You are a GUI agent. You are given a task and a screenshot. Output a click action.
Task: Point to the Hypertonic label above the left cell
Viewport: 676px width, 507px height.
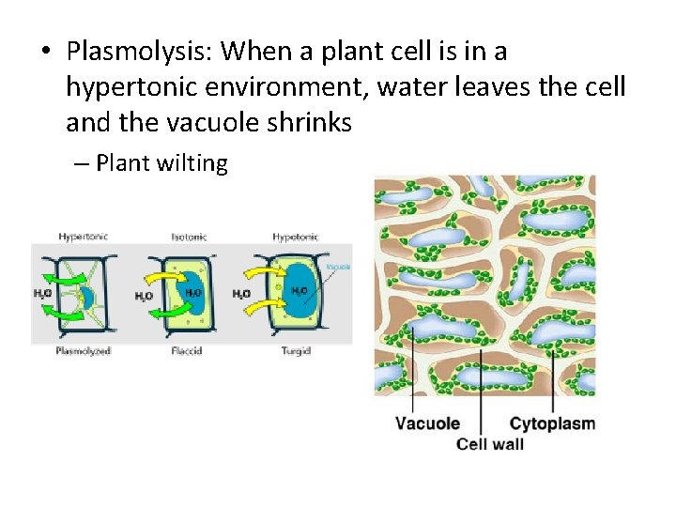point(83,237)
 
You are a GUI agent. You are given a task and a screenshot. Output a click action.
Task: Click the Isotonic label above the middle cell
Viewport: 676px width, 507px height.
point(191,237)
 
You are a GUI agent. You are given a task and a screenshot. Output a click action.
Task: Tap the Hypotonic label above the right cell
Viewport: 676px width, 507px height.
point(295,237)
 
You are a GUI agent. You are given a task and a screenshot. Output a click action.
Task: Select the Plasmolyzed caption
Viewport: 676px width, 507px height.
point(84,350)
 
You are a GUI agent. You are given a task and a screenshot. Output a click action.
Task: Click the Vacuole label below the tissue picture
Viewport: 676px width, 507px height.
point(427,423)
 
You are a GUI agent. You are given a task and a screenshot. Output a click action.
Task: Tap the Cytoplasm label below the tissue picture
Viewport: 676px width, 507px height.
point(552,423)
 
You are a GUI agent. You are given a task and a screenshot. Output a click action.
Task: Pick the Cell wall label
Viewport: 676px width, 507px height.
point(489,443)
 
